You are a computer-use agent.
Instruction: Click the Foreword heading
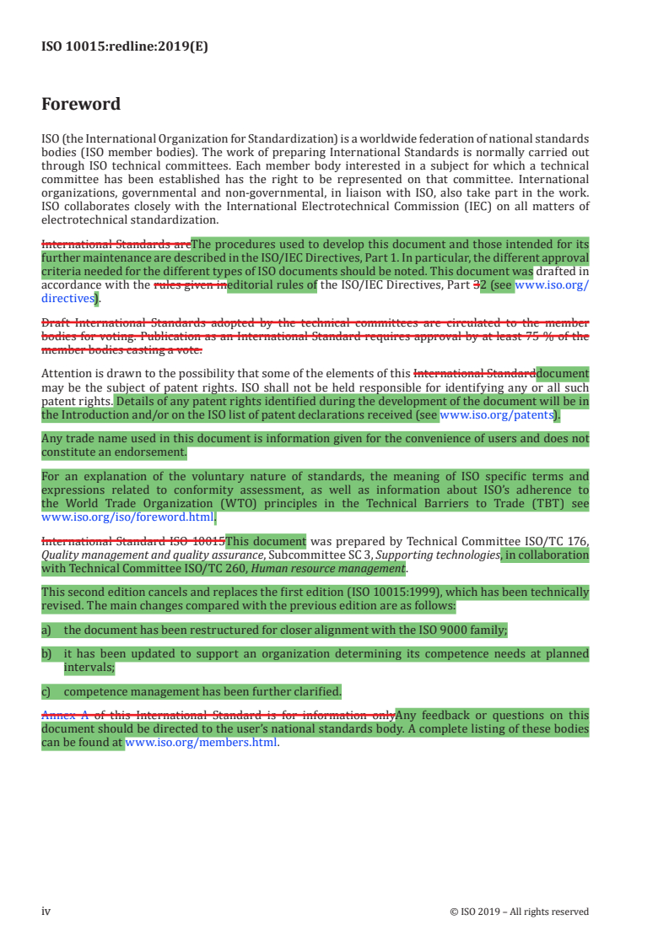(81, 105)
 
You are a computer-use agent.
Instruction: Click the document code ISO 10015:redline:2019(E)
(124, 47)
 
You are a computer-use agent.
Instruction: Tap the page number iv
(46, 912)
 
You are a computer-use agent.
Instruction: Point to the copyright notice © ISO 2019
(520, 912)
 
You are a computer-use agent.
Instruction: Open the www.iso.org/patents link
(496, 415)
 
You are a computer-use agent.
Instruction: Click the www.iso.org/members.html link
(201, 743)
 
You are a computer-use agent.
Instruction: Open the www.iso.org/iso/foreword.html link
(127, 517)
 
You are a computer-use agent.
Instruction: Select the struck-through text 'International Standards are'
(116, 245)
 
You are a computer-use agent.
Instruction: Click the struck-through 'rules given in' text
(190, 285)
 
